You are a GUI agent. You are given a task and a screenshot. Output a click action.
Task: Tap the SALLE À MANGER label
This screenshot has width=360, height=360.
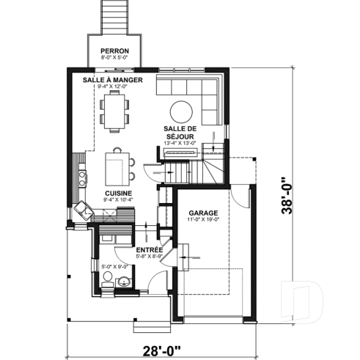point(113,79)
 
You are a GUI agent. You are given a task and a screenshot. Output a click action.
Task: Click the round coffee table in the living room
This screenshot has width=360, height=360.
point(181,111)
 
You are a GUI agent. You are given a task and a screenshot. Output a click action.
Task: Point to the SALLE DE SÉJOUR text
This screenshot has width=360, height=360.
point(178,132)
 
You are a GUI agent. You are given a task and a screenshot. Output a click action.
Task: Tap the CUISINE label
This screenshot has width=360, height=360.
point(118,193)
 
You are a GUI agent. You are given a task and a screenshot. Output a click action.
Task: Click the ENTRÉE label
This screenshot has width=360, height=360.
point(149,251)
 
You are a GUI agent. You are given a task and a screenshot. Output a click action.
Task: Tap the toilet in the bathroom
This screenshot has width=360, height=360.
point(108,278)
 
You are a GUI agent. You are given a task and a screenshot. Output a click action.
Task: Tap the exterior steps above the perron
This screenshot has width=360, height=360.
point(114,16)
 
